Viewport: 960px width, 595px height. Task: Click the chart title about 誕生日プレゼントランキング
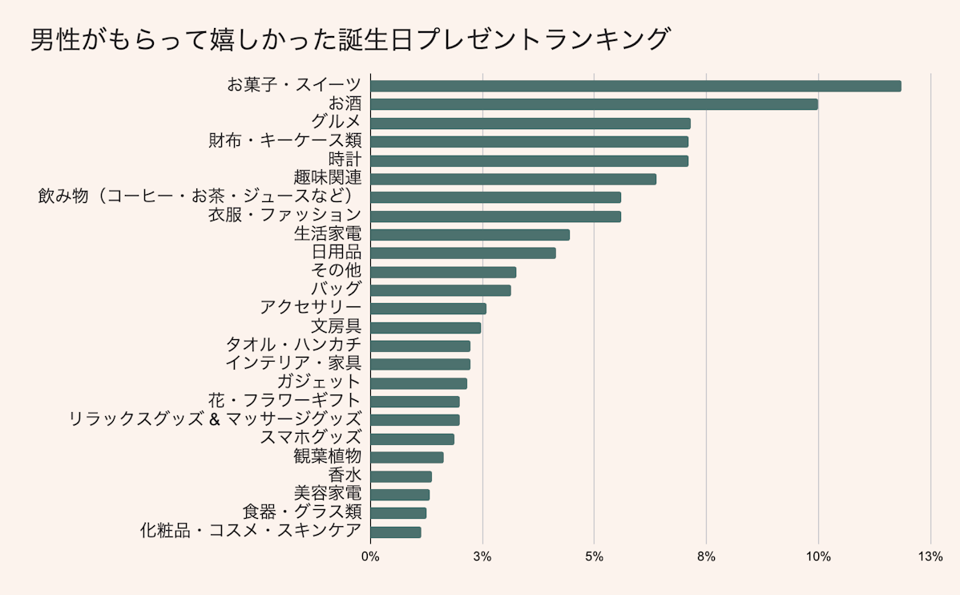349,39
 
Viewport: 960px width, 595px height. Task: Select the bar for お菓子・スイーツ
635,86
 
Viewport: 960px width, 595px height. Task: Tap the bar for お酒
594,104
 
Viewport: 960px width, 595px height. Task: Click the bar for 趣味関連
513,179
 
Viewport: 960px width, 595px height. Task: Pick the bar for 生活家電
470,235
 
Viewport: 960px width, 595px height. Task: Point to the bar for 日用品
463,253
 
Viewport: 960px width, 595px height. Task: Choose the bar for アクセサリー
428,309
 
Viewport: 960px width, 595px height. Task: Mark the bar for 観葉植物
407,457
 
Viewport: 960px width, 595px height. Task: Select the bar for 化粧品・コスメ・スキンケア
396,532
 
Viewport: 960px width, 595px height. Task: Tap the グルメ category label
337,123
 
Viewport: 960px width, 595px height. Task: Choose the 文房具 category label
336,327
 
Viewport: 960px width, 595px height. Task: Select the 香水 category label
345,476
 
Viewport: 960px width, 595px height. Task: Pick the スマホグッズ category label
311,439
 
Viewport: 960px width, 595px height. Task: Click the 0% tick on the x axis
370,557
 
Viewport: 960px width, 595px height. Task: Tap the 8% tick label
706,557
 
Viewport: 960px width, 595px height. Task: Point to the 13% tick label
930,557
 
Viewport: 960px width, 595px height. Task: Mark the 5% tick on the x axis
594,557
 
